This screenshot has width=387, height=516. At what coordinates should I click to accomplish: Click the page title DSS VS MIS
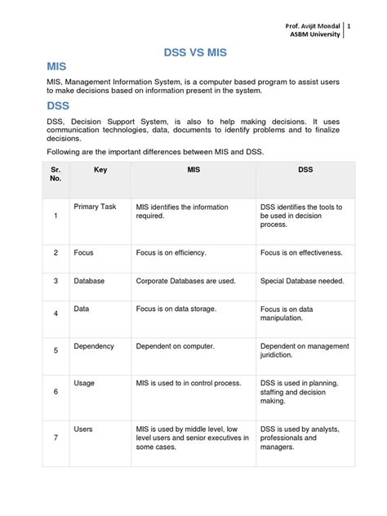coord(193,52)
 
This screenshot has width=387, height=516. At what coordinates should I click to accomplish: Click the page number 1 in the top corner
coord(349,27)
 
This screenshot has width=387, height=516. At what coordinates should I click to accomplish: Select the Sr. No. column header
coord(56,175)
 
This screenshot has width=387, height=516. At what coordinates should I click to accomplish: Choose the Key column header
coord(100,170)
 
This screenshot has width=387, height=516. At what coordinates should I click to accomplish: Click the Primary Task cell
coord(95,207)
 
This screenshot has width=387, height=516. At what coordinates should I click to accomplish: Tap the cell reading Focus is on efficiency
coord(171,253)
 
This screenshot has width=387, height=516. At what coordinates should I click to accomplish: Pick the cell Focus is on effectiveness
coord(301,253)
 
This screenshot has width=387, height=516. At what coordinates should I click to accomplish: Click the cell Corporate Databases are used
coord(185,281)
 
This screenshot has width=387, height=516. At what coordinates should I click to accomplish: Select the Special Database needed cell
coord(302,281)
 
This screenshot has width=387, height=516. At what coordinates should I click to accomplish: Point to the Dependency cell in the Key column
coord(94,346)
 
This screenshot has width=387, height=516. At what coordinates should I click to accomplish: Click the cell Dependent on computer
coord(175,346)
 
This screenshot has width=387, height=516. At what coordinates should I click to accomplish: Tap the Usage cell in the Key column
coord(84,383)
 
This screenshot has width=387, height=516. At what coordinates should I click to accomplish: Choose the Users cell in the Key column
coord(83,429)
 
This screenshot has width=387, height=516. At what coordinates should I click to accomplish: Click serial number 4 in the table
coord(55,314)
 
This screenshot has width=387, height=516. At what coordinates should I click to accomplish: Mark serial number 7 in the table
coord(55,438)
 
